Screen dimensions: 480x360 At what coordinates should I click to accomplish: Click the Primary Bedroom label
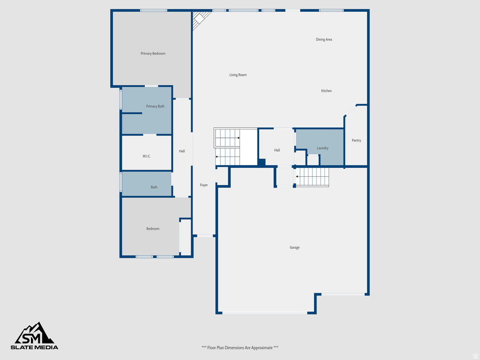pyautogui.click(x=153, y=53)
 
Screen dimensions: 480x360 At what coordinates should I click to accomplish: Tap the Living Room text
pyautogui.click(x=238, y=75)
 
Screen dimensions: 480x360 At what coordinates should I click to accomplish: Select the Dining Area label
pyautogui.click(x=324, y=39)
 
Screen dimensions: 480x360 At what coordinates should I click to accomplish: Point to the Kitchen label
pyautogui.click(x=326, y=91)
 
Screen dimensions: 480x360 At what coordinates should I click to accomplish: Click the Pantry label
pyautogui.click(x=356, y=141)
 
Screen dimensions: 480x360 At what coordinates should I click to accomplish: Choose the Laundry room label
pyautogui.click(x=322, y=148)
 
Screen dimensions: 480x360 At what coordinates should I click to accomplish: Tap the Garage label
pyautogui.click(x=294, y=247)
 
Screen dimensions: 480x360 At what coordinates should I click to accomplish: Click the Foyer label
pyautogui.click(x=204, y=185)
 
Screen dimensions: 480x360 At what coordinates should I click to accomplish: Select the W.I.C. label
pyautogui.click(x=147, y=157)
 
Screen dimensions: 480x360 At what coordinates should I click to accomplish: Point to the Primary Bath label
pyautogui.click(x=155, y=106)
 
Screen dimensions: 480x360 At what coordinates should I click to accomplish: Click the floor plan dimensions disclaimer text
pyautogui.click(x=240, y=348)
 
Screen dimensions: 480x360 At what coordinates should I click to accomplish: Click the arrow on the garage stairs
pyautogui.click(x=297, y=177)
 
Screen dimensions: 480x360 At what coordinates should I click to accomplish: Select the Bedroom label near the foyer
pyautogui.click(x=153, y=229)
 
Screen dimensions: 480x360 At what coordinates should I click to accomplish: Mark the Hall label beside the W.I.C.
pyautogui.click(x=182, y=151)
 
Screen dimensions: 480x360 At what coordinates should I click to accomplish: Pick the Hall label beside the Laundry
pyautogui.click(x=277, y=150)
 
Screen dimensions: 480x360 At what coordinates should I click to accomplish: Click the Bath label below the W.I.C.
pyautogui.click(x=154, y=187)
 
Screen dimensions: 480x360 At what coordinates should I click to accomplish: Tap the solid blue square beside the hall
pyautogui.click(x=262, y=163)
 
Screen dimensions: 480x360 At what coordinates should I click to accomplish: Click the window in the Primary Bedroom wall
pyautogui.click(x=154, y=10)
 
